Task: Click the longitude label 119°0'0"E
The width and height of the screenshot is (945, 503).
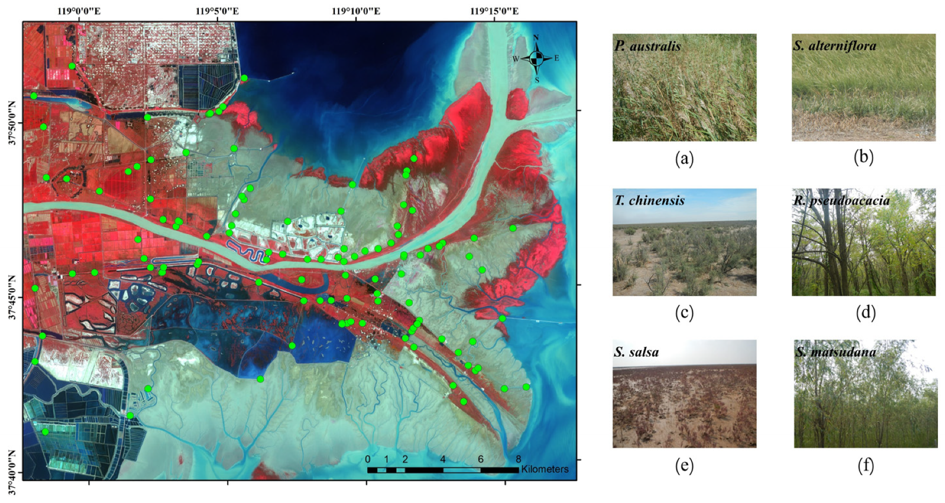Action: pyautogui.click(x=79, y=11)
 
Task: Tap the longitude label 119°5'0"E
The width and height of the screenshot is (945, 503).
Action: pyautogui.click(x=217, y=11)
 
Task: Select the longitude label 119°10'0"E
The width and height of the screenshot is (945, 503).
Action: pyautogui.click(x=356, y=11)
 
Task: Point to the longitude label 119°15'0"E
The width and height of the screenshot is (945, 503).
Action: pyautogui.click(x=495, y=11)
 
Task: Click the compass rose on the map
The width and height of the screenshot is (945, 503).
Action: pyautogui.click(x=536, y=58)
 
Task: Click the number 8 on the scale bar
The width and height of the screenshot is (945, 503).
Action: pyautogui.click(x=518, y=459)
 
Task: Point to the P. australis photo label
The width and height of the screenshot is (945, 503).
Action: pyautogui.click(x=647, y=46)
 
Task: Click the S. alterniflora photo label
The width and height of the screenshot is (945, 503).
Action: pyautogui.click(x=834, y=46)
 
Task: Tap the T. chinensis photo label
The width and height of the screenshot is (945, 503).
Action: pyautogui.click(x=650, y=200)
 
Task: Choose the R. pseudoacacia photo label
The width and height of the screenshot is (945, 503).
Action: pyautogui.click(x=841, y=200)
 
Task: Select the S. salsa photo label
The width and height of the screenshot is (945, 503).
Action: pyautogui.click(x=636, y=352)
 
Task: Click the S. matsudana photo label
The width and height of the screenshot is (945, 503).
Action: pyautogui.click(x=835, y=352)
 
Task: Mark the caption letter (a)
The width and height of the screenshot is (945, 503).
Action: pyautogui.click(x=684, y=158)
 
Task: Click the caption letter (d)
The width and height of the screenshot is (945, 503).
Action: pyautogui.click(x=866, y=312)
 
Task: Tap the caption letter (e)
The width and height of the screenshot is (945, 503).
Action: pyautogui.click(x=684, y=465)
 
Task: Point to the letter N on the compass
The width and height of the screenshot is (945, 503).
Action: pyautogui.click(x=536, y=37)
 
